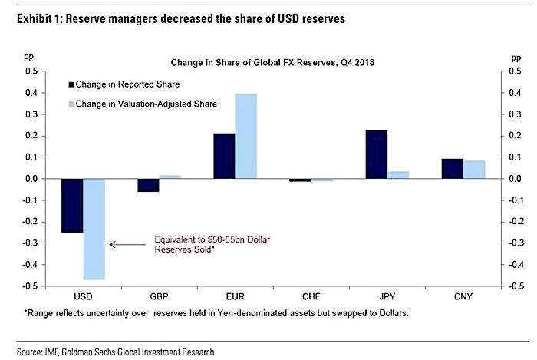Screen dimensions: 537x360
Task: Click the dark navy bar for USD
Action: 72,206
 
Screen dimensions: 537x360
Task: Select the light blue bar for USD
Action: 94,230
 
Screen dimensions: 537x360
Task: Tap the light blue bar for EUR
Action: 246,137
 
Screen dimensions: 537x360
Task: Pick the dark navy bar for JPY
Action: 377,154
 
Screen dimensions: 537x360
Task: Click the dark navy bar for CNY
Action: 453,169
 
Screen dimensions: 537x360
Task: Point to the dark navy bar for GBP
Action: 148,185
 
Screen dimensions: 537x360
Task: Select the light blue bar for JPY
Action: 398,175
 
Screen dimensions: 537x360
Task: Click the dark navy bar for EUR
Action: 224,156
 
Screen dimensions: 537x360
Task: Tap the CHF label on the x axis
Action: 311,296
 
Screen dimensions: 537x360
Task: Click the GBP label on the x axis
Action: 159,296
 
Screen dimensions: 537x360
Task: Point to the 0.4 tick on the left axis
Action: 31,93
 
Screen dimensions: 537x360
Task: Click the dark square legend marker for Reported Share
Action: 71,84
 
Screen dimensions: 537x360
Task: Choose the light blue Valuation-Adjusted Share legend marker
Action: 71,104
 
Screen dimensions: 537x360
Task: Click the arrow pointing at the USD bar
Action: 127,245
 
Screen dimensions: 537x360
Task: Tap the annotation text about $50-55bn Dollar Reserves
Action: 212,244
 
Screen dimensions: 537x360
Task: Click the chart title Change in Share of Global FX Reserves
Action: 272,63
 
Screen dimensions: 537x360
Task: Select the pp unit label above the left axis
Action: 29,57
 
